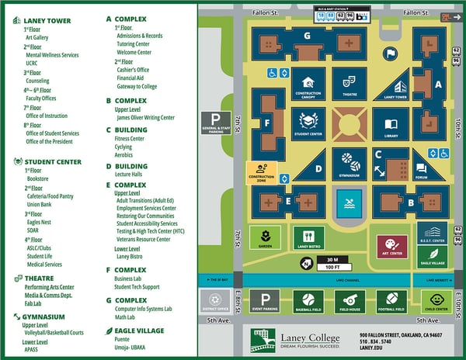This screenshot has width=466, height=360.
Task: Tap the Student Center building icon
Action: click(x=308, y=123)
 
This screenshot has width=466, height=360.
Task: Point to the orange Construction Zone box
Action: click(x=261, y=172)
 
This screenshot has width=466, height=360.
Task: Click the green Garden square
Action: click(x=265, y=238)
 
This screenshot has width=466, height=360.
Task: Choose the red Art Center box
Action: click(x=392, y=246)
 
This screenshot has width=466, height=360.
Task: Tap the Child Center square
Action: click(x=436, y=300)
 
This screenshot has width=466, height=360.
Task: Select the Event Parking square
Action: click(x=265, y=301)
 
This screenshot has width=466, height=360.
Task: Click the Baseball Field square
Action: click(x=308, y=301)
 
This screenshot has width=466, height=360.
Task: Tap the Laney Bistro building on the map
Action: click(x=308, y=238)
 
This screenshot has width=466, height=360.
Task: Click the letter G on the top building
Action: click(x=308, y=36)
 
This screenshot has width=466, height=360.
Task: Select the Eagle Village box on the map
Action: click(x=432, y=257)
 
